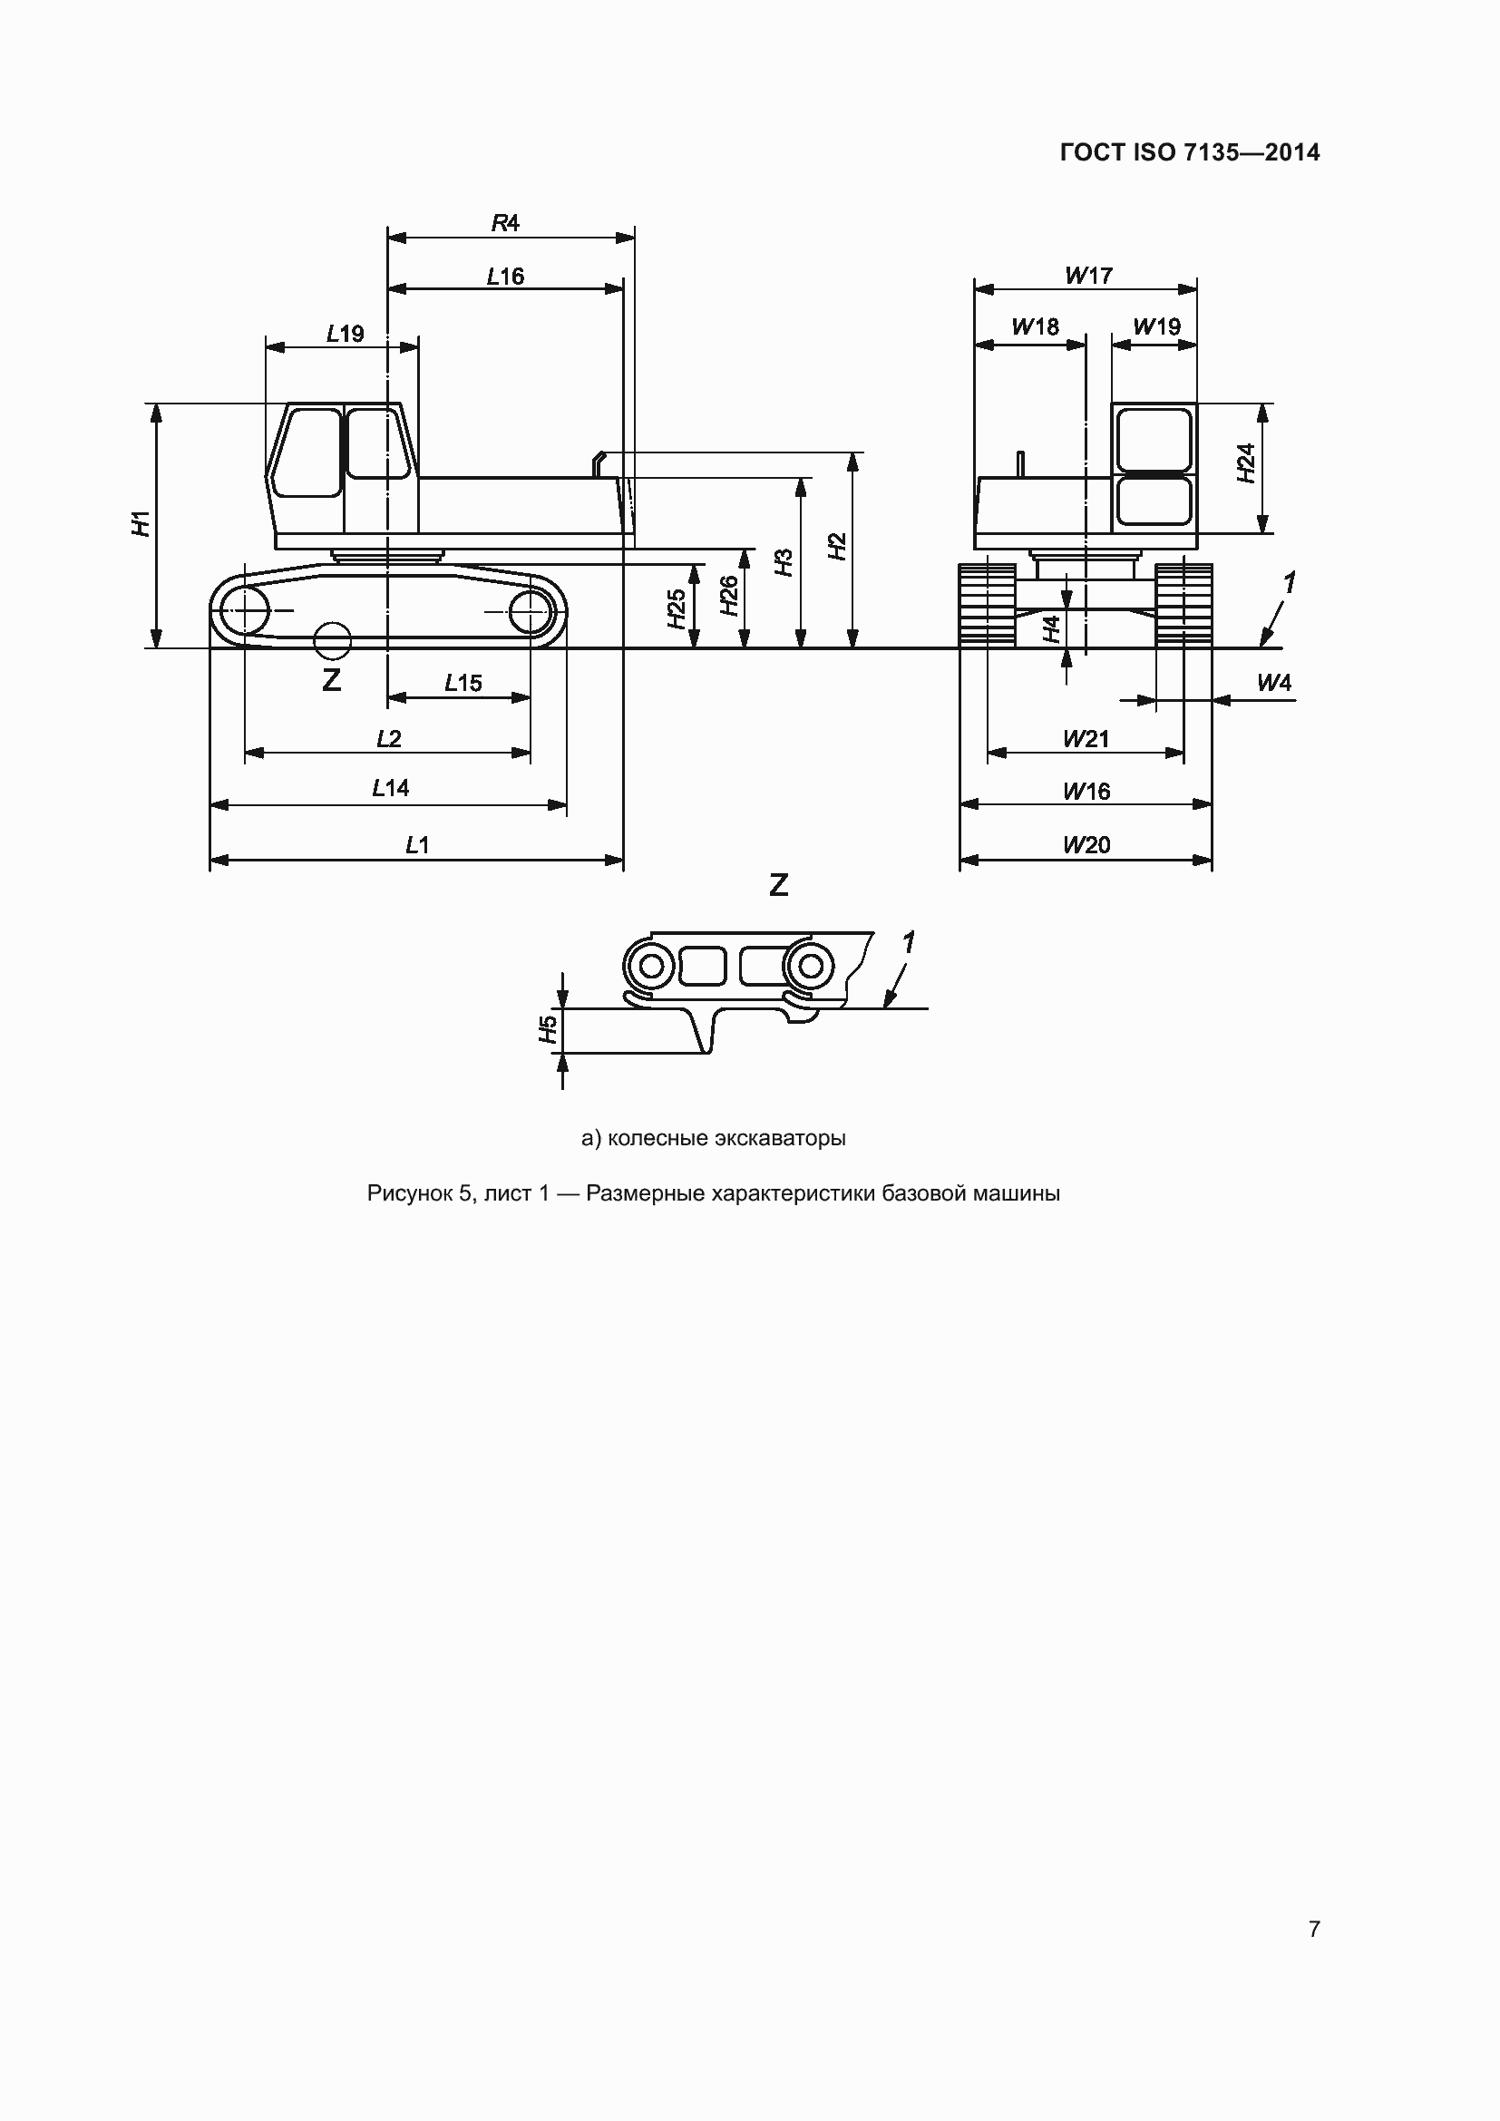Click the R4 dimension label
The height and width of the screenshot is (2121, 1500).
click(x=505, y=223)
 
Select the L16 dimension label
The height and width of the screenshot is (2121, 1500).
click(x=505, y=277)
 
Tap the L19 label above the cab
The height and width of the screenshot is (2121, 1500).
click(x=345, y=334)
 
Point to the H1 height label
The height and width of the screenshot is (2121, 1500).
click(x=141, y=523)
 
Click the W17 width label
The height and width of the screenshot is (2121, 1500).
click(x=1088, y=276)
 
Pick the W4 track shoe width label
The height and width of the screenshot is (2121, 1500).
click(x=1273, y=683)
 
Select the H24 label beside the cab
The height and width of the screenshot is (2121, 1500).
click(x=1246, y=462)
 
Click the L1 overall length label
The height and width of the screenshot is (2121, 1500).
click(x=417, y=844)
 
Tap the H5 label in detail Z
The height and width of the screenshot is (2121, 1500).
click(x=549, y=1029)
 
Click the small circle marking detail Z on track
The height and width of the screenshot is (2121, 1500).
click(x=333, y=641)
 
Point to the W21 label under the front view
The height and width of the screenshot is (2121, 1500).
click(x=1086, y=738)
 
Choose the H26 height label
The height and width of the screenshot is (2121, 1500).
click(x=729, y=596)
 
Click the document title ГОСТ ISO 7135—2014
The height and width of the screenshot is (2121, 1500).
click(x=1190, y=152)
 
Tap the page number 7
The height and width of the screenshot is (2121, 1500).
click(x=1313, y=1929)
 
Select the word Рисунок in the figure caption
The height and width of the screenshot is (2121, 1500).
click(x=409, y=1193)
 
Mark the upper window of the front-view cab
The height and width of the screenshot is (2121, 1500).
click(x=1154, y=441)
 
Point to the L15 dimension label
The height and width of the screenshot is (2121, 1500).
click(x=463, y=683)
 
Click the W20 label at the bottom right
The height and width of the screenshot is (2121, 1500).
click(x=1086, y=844)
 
